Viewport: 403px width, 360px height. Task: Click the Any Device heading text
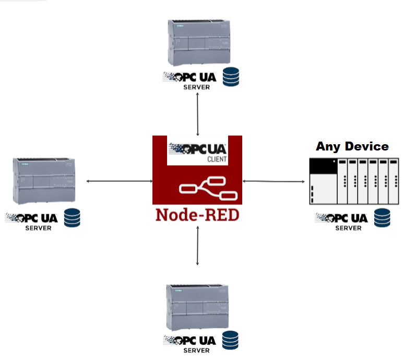pos(352,146)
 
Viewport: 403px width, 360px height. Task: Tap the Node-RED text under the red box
pos(197,215)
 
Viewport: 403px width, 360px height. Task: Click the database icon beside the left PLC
pos(73,218)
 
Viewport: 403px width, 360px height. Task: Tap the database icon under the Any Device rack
pos(383,217)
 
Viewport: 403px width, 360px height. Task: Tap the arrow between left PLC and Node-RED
pos(119,181)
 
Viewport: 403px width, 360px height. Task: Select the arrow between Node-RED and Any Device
pos(274,181)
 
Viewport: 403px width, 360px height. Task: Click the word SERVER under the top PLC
pos(196,87)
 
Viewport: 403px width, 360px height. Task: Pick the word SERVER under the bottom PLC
pos(196,351)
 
